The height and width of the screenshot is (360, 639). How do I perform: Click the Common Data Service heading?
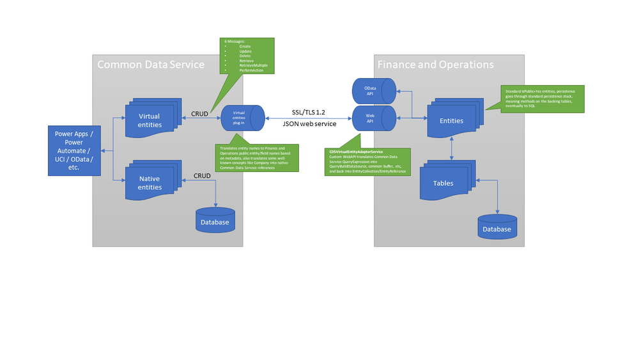tap(151, 65)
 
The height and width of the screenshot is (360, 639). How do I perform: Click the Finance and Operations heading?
tap(435, 65)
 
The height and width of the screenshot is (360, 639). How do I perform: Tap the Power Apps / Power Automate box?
tap(74, 150)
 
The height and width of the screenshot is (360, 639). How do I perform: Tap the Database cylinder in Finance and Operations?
tap(497, 228)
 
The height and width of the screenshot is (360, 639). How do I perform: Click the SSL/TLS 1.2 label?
tap(309, 112)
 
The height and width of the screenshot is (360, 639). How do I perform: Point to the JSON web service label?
tap(309, 125)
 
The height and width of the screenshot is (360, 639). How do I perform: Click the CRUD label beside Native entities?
tap(203, 175)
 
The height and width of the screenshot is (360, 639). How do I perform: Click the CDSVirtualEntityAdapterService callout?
tap(367, 162)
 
